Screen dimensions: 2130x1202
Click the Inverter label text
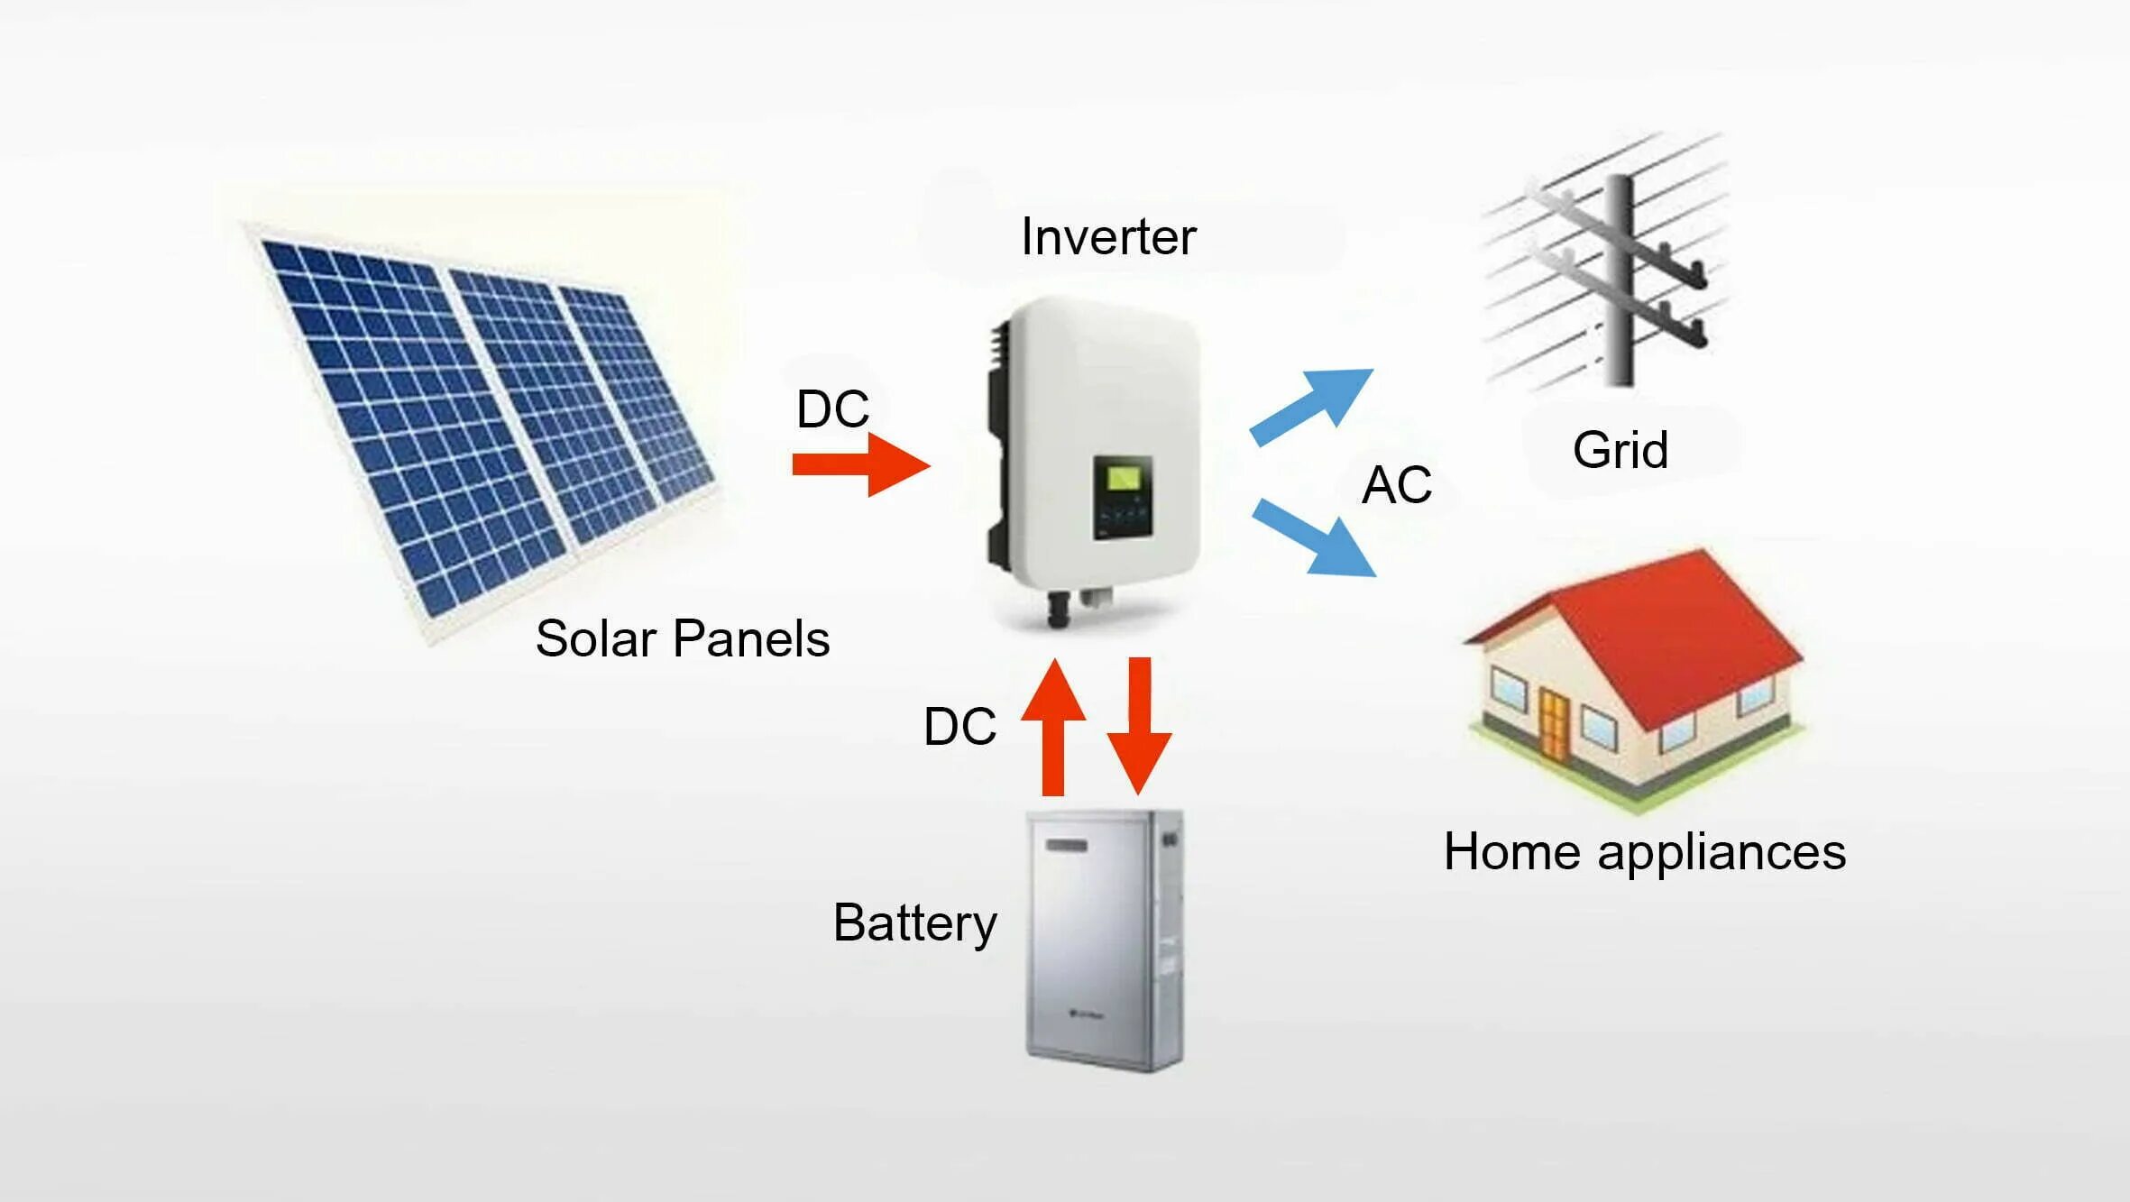click(1107, 237)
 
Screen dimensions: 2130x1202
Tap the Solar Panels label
click(682, 638)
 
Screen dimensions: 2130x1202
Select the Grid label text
click(1620, 449)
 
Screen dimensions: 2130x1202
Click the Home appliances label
click(1644, 851)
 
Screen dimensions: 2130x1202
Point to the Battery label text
click(914, 922)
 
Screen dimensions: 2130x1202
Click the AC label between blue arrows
click(1396, 485)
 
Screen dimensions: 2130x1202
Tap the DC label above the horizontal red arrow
click(831, 408)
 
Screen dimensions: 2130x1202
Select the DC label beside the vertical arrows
click(959, 727)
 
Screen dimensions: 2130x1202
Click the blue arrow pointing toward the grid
click(1312, 407)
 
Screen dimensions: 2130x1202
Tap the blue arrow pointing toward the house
click(1315, 538)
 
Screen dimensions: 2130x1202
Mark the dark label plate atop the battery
click(1067, 846)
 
